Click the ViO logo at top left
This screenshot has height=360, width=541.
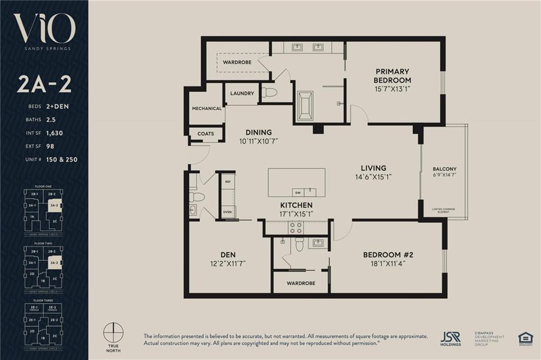(x=44, y=29)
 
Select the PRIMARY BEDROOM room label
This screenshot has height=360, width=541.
(x=393, y=75)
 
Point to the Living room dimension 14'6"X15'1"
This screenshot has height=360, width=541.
(x=374, y=177)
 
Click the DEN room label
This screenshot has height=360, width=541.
(x=228, y=254)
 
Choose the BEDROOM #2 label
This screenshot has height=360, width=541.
(x=388, y=254)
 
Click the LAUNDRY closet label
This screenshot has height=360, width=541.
(x=242, y=93)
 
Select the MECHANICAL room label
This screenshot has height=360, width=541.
(x=207, y=108)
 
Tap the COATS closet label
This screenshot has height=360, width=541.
(x=206, y=134)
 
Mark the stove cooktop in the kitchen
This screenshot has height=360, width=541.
(x=296, y=228)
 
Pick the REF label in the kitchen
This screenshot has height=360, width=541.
(x=228, y=182)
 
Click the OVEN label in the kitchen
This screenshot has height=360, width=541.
(x=228, y=213)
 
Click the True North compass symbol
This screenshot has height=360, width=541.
(x=114, y=334)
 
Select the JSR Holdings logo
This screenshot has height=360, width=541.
(x=451, y=338)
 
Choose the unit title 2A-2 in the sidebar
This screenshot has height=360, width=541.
(x=44, y=84)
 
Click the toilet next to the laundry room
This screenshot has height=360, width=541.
(x=269, y=93)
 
